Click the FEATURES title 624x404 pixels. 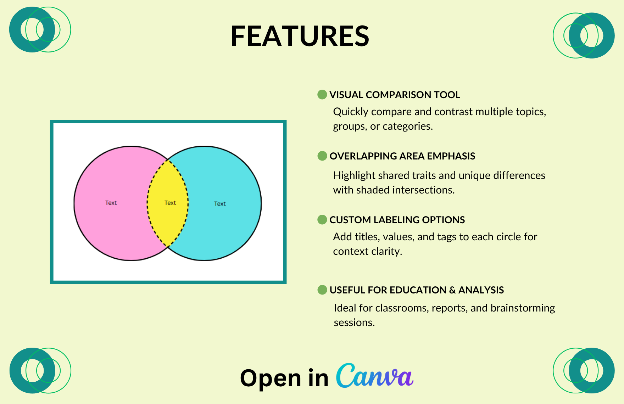(x=300, y=36)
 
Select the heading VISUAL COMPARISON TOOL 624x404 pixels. (x=395, y=95)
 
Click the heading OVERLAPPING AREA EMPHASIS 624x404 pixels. (x=402, y=156)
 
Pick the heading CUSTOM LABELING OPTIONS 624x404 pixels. (x=397, y=220)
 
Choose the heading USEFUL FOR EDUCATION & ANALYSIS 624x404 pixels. (x=417, y=290)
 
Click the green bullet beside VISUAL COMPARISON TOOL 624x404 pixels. (x=322, y=95)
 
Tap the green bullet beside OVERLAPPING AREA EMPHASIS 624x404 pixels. (x=322, y=156)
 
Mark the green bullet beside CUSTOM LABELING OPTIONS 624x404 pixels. (x=322, y=220)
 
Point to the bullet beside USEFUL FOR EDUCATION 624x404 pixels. (x=322, y=290)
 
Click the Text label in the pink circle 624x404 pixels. (x=111, y=203)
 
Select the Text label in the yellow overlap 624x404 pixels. (x=170, y=203)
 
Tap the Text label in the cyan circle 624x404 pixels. (x=220, y=204)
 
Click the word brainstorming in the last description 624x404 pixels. (x=523, y=308)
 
